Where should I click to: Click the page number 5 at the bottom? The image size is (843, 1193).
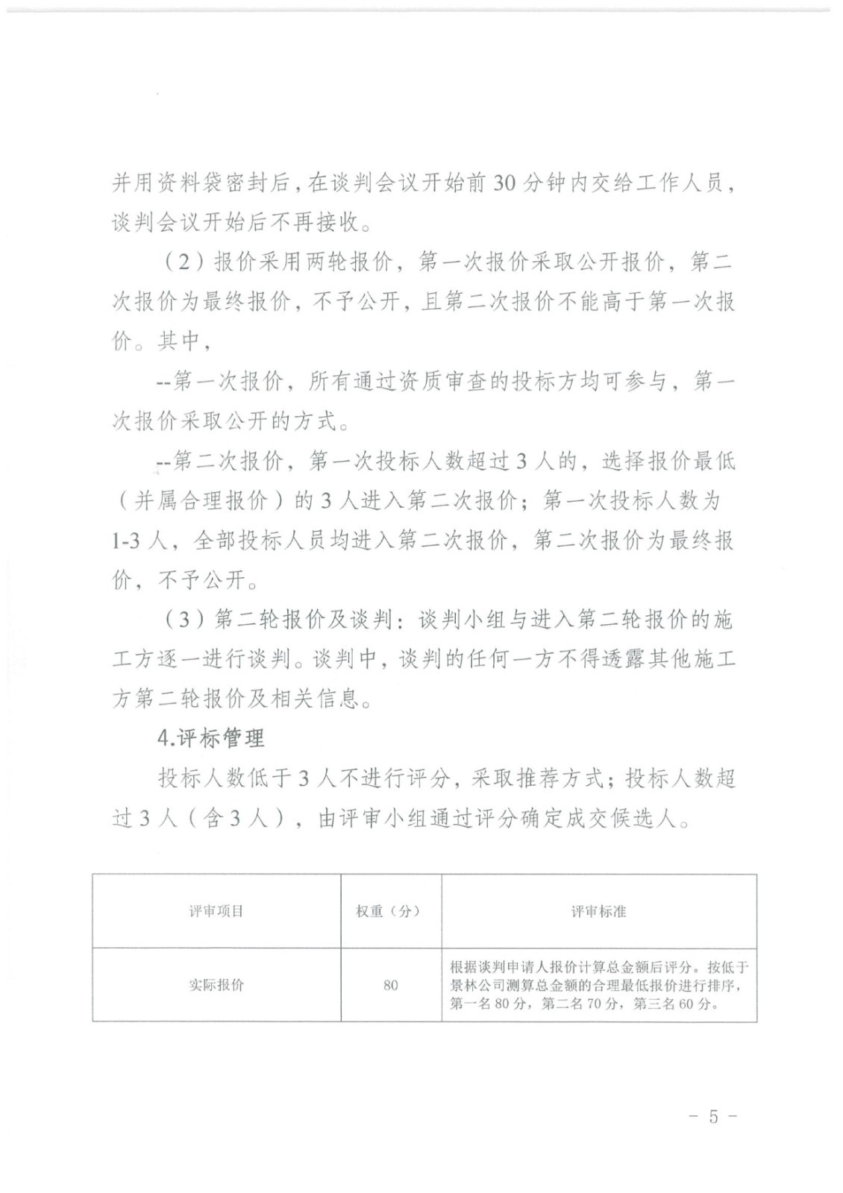[x=713, y=1116]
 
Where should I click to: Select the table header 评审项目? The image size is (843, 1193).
[x=216, y=910]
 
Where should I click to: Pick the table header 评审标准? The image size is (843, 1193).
[x=598, y=910]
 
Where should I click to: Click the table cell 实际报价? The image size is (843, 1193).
[x=216, y=984]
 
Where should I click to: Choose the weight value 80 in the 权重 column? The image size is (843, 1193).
[x=390, y=985]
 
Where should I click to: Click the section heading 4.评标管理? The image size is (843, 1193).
[x=211, y=738]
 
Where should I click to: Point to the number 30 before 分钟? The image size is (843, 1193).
[x=505, y=183]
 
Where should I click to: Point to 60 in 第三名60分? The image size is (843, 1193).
[x=686, y=1004]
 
